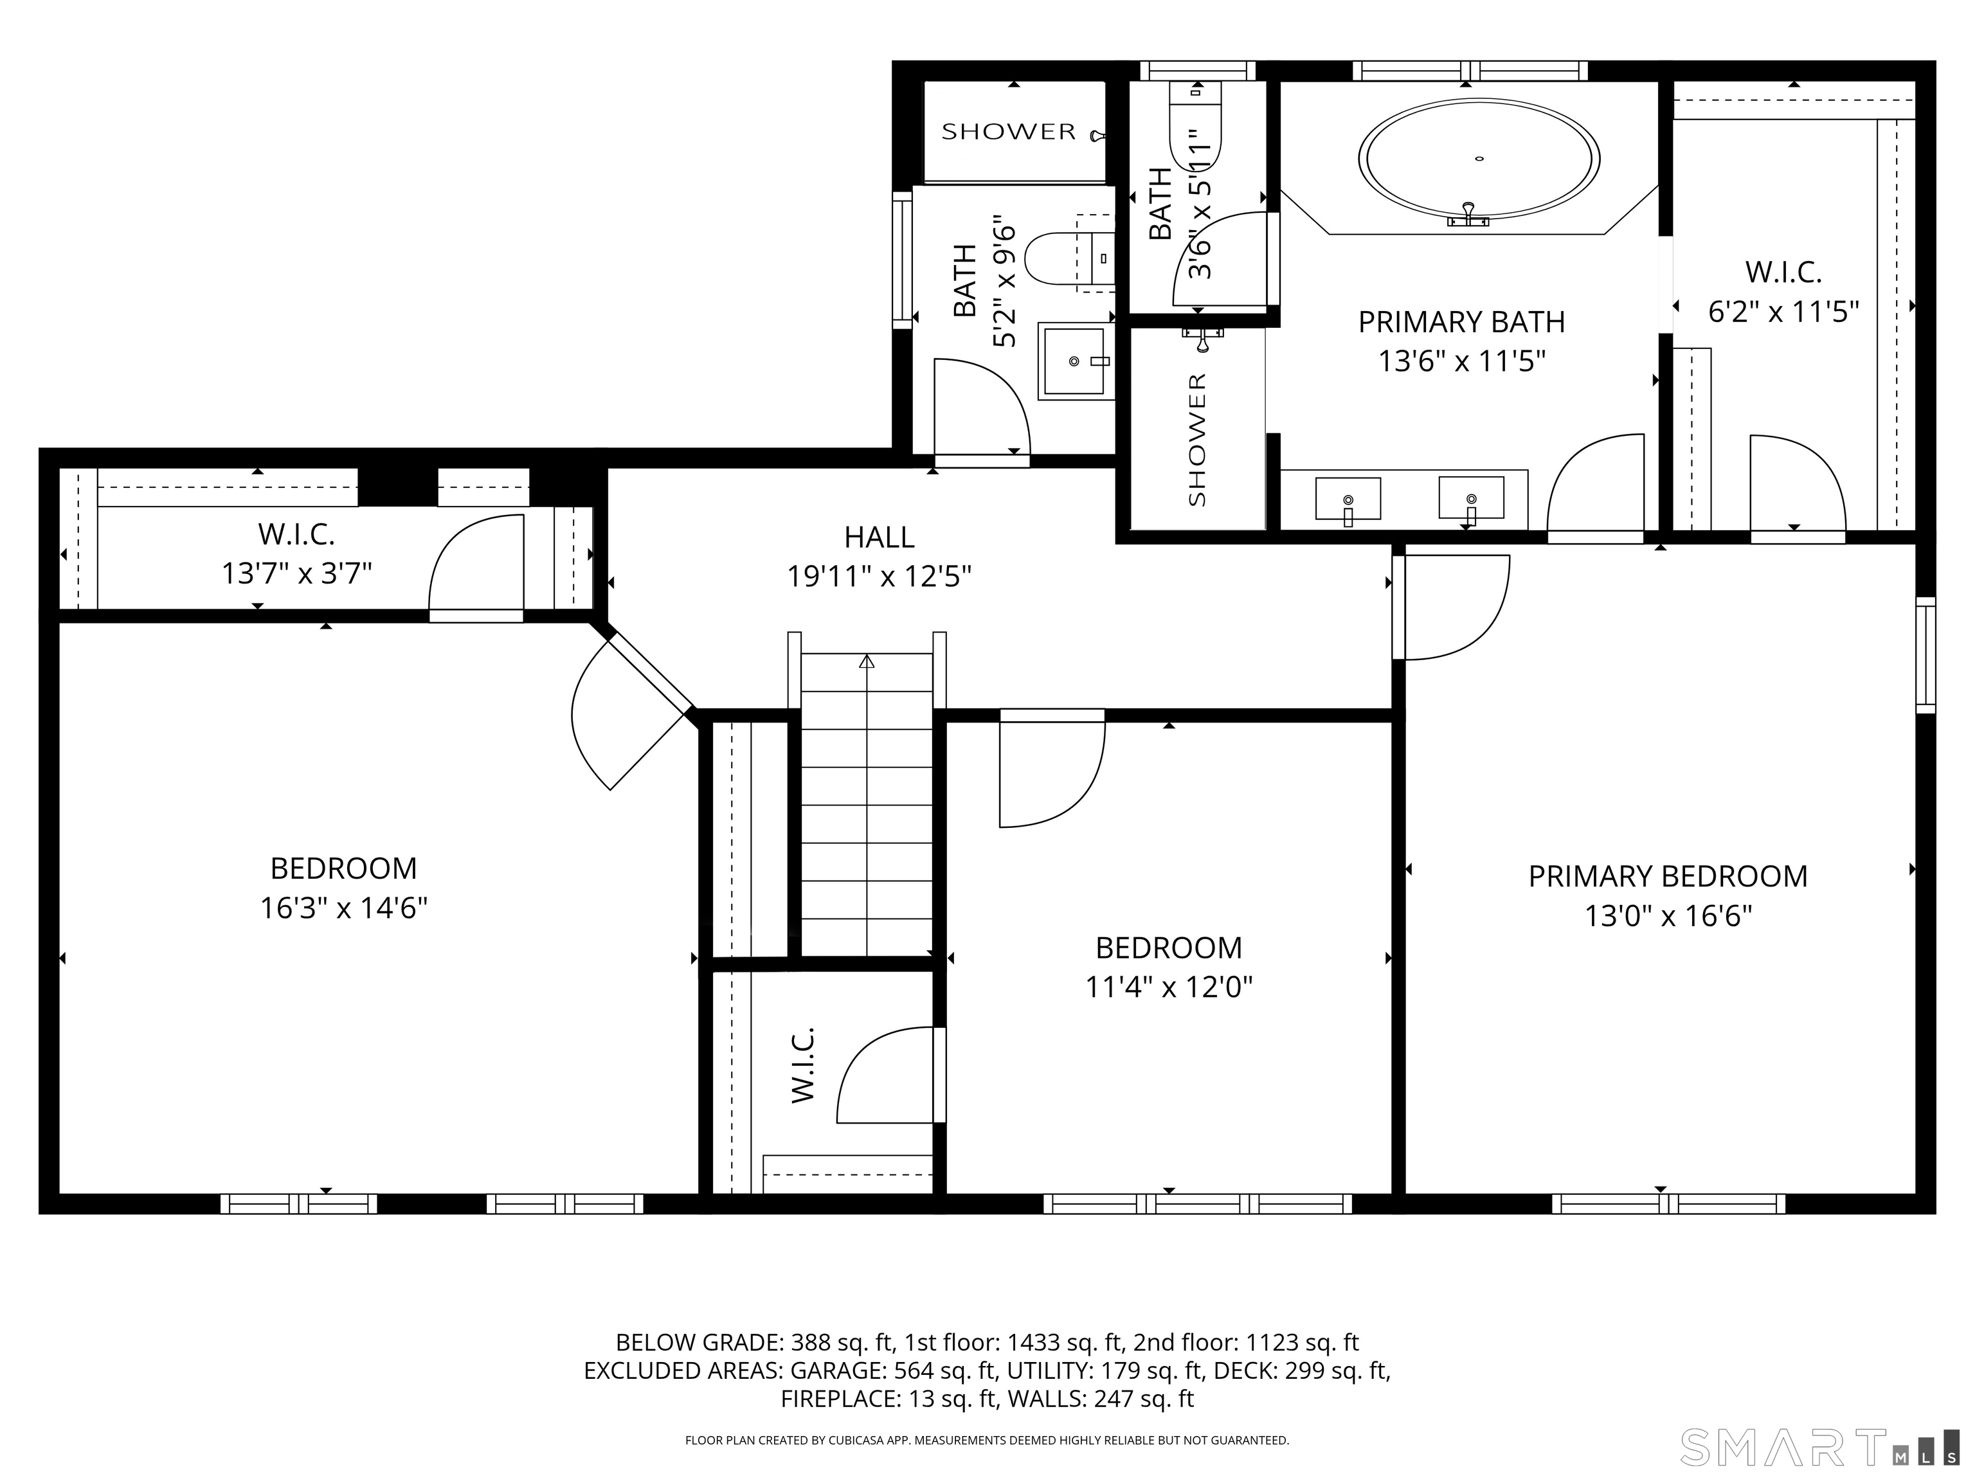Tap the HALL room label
879,537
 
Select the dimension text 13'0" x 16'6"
1668,916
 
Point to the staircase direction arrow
866,662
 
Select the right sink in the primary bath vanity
1470,498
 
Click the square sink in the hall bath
1075,361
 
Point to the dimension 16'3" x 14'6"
344,908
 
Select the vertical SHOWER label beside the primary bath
1196,439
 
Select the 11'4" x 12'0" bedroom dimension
1169,987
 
